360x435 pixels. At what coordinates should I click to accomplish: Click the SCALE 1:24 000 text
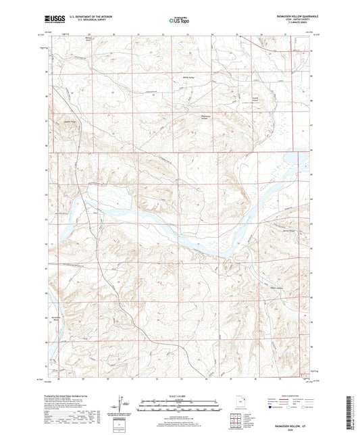[x=179, y=395]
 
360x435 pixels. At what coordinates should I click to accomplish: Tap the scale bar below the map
[x=179, y=407]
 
